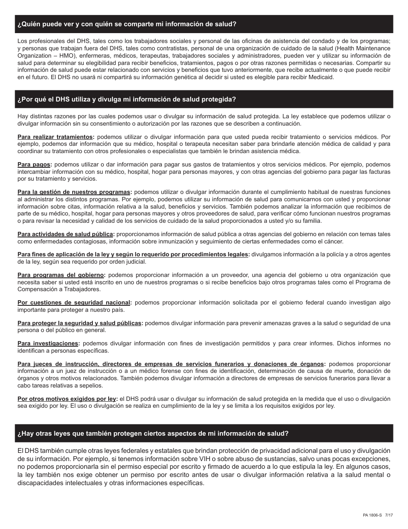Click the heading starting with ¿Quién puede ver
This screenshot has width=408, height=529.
(x=127, y=25)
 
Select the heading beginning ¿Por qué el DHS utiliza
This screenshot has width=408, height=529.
(x=127, y=99)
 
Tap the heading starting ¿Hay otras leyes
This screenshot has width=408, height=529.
(x=153, y=434)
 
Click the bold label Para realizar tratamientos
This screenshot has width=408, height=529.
(x=55, y=137)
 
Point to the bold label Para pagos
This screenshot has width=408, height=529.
(x=34, y=164)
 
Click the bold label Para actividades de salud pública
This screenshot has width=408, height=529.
(x=66, y=234)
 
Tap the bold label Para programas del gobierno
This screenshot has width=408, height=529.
(x=61, y=275)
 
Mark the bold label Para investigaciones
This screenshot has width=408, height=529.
(x=48, y=343)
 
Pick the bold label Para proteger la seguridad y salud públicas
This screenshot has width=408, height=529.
(x=79, y=323)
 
